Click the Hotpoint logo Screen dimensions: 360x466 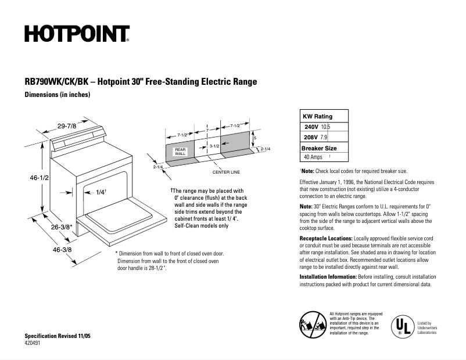(x=77, y=34)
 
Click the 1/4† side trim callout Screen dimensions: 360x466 (x=100, y=193)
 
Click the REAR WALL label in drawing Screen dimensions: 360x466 (x=180, y=152)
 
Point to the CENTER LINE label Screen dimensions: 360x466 (x=226, y=173)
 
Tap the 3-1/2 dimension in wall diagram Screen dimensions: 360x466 (x=214, y=146)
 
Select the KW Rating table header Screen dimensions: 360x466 (x=318, y=116)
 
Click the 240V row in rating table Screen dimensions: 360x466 (x=324, y=127)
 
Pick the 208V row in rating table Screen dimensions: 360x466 (x=324, y=137)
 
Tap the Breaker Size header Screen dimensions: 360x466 (x=319, y=148)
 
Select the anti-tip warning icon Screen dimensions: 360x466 (x=313, y=323)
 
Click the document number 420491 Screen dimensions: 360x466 (x=33, y=344)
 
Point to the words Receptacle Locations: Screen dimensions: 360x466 (x=325, y=239)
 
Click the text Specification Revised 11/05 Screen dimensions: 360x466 (x=58, y=337)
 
